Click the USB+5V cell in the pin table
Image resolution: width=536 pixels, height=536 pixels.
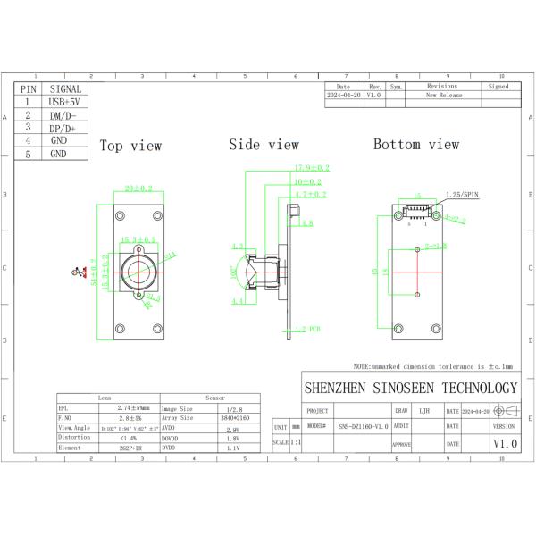[x=64, y=102]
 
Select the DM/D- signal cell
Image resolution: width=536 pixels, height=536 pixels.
[x=64, y=115]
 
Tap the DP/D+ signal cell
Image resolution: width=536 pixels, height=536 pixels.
[x=64, y=128]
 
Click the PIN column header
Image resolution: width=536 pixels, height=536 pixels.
[x=28, y=89]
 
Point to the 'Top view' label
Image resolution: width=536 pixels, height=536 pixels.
[x=130, y=146]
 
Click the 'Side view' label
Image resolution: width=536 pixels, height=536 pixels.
[x=264, y=145]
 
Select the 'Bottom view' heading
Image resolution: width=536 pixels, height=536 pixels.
[x=416, y=145]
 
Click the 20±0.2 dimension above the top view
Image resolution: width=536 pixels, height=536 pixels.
[x=138, y=189]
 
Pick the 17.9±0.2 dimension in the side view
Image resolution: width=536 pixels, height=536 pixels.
[x=312, y=168]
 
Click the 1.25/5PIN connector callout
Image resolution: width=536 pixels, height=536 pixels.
[x=460, y=195]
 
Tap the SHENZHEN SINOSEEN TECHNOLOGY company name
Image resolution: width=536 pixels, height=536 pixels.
[x=410, y=388]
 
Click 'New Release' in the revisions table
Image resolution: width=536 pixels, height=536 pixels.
[x=443, y=94]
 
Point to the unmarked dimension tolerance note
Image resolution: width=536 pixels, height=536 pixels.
[x=432, y=366]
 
